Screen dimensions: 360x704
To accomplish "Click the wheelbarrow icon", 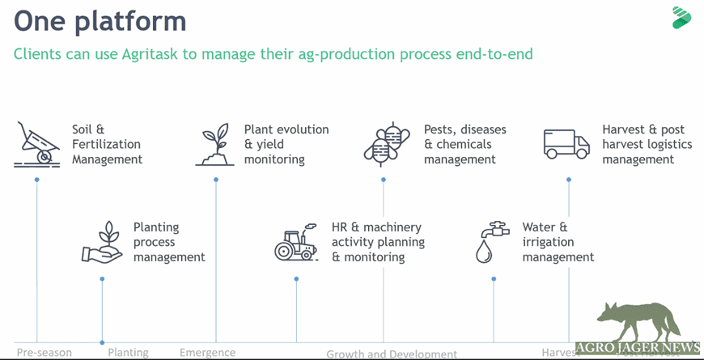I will [37, 145].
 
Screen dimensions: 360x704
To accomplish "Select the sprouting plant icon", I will [215, 146].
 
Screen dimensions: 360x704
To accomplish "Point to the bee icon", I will [384, 145].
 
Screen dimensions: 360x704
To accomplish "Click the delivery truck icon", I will [566, 144].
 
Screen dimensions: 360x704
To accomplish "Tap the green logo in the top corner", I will [681, 18].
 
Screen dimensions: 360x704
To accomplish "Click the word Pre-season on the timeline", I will [44, 353].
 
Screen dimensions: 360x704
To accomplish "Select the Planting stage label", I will [128, 353].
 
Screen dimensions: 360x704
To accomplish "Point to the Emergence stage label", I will [207, 353].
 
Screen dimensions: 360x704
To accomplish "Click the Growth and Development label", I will [392, 354].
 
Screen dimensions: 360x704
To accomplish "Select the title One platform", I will [100, 20].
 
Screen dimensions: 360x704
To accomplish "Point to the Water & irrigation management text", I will [558, 243].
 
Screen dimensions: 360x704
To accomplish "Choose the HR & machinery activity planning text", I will [378, 243].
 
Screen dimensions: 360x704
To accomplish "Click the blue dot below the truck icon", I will [569, 180].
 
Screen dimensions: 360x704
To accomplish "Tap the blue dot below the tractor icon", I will [296, 279].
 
